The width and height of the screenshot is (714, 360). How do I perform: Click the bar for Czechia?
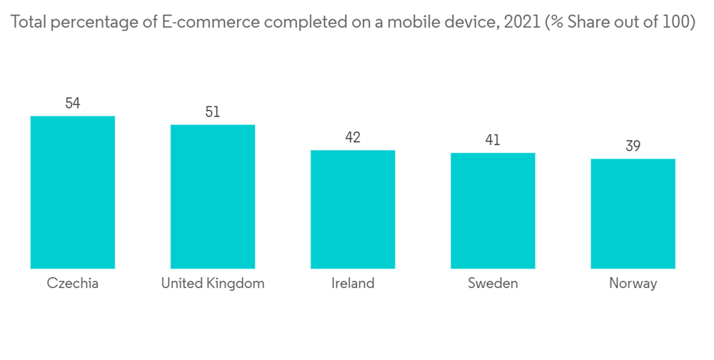pos(72,192)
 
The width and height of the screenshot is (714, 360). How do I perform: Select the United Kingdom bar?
pos(212,196)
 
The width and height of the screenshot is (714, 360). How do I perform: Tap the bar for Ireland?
pos(352,209)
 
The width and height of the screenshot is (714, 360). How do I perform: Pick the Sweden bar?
pos(493,211)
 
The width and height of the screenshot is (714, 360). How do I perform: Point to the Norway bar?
pos(633,214)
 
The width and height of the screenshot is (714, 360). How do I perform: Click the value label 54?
pos(72,104)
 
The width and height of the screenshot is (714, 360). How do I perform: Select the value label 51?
pos(212,112)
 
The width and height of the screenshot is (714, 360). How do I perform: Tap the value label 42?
pos(352,138)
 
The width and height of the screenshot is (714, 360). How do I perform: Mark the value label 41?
pos(493,141)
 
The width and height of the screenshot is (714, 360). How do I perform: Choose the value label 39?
pos(633,146)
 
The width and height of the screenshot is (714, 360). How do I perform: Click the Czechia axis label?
pos(72,284)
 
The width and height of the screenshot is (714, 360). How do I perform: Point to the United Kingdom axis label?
pos(213,284)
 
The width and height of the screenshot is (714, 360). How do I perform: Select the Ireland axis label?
pos(353,284)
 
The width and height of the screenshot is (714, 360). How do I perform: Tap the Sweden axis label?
pos(493,284)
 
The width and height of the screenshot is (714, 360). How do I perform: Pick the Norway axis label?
pos(633,284)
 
